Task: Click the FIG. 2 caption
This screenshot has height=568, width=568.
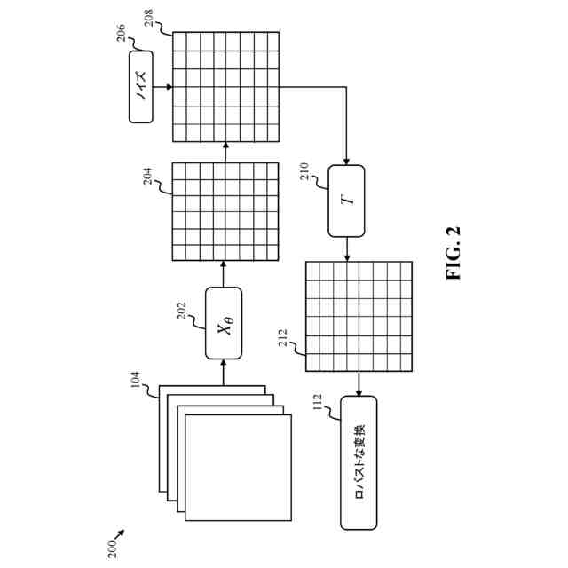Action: click(454, 253)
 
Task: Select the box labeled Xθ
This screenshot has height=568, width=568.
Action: click(224, 324)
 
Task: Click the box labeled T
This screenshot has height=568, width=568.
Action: click(346, 201)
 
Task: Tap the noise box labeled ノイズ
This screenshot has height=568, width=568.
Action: click(141, 86)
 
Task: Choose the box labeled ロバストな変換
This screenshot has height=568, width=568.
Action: click(359, 462)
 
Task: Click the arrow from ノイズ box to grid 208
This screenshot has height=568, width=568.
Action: click(162, 87)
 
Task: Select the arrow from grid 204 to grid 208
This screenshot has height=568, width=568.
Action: click(224, 153)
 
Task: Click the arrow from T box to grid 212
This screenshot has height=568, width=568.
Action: click(346, 249)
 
